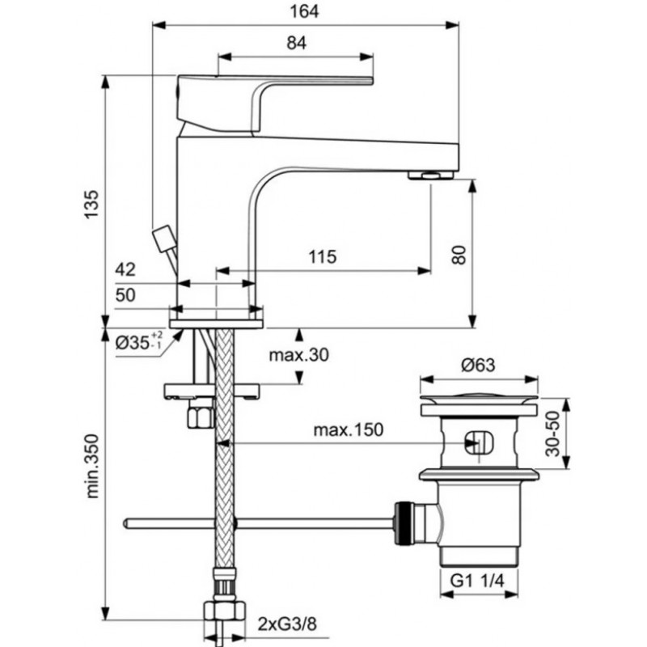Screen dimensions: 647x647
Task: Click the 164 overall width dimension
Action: coord(304,11)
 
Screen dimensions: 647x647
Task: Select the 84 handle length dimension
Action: coord(296,43)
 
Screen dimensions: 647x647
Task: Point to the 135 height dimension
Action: coord(91,205)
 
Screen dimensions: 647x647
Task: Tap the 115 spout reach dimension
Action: coord(322,256)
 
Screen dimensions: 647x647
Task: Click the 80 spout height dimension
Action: coord(459,254)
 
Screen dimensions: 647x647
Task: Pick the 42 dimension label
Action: coord(125,269)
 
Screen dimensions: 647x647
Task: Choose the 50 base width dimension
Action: coord(125,295)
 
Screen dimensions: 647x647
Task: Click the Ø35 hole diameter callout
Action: coord(139,341)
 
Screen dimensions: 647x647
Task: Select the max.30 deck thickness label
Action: coord(298,354)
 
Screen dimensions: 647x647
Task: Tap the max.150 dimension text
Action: coord(349,430)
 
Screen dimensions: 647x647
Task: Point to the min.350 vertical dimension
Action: coord(91,466)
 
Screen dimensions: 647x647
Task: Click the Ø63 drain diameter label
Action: coord(478,365)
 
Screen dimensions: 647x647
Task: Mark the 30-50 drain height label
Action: coord(552,433)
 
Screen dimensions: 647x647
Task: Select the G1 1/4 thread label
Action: coord(477,581)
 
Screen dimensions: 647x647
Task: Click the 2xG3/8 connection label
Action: coord(288,624)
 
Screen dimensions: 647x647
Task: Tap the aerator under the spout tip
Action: coord(431,175)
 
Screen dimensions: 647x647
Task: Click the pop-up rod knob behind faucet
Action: coord(163,236)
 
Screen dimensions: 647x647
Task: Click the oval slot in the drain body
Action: coord(479,442)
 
